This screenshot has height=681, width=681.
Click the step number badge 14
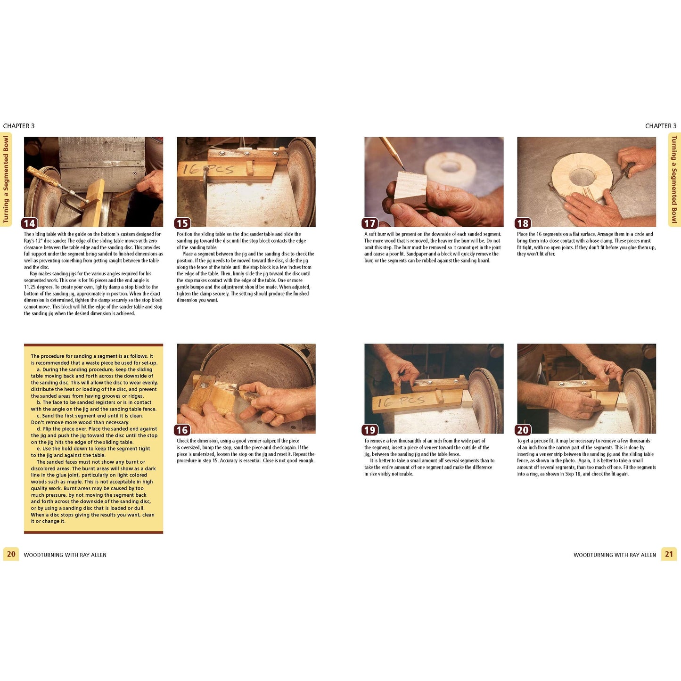[29, 223]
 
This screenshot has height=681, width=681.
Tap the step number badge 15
[182, 223]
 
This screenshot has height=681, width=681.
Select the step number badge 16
[182, 430]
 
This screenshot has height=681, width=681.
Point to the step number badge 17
[370, 223]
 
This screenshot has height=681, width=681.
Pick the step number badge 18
[523, 223]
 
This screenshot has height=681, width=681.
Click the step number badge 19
[370, 430]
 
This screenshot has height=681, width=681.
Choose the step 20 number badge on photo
[523, 430]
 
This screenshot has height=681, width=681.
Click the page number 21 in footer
[669, 554]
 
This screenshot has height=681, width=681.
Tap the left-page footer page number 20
[11, 554]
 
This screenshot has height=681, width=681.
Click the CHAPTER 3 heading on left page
[19, 126]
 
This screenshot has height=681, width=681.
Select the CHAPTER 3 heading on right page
[661, 126]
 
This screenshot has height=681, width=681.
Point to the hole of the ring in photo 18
[582, 176]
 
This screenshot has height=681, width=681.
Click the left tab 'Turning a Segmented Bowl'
[6, 179]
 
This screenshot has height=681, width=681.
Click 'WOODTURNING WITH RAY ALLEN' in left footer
[65, 555]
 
